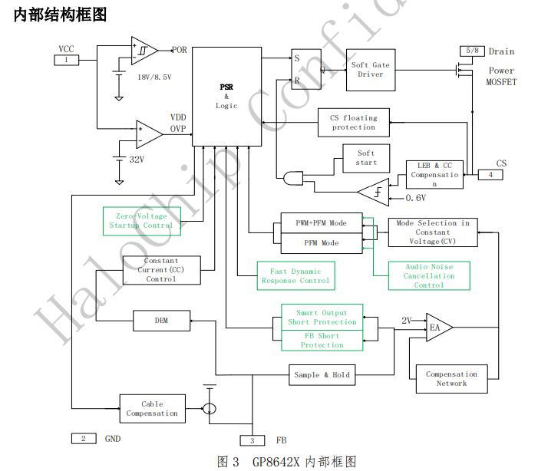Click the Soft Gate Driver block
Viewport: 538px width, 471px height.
pos(370,70)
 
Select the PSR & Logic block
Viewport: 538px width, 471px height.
pos(226,96)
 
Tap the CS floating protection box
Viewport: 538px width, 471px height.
pos(353,123)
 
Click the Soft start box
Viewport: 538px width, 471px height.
pos(366,157)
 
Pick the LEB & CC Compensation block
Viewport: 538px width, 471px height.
pos(434,175)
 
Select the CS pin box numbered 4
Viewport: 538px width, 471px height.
pos(490,175)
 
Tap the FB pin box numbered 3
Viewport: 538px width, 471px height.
pos(252,440)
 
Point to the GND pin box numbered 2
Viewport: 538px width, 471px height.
pos(83,439)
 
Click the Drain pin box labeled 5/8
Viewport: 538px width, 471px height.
pos(470,51)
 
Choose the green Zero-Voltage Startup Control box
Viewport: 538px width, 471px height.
pos(142,221)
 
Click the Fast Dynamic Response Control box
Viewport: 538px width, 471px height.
pos(296,276)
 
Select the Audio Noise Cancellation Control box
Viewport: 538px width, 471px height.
pos(429,275)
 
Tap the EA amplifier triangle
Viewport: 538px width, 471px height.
pos(437,328)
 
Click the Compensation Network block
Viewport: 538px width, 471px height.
pos(451,379)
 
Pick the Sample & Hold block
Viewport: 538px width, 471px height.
pos(322,375)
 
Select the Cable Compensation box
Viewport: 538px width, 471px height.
pos(152,408)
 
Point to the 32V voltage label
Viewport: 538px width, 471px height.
pos(136,160)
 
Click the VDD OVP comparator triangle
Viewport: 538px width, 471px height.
pos(148,133)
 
